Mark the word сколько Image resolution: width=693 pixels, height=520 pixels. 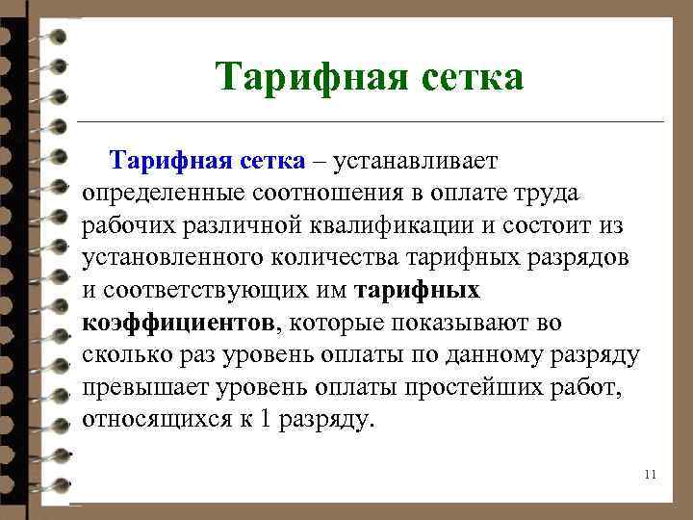pyautogui.click(x=126, y=355)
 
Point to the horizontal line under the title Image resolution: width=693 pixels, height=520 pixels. pyautogui.click(x=371, y=122)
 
